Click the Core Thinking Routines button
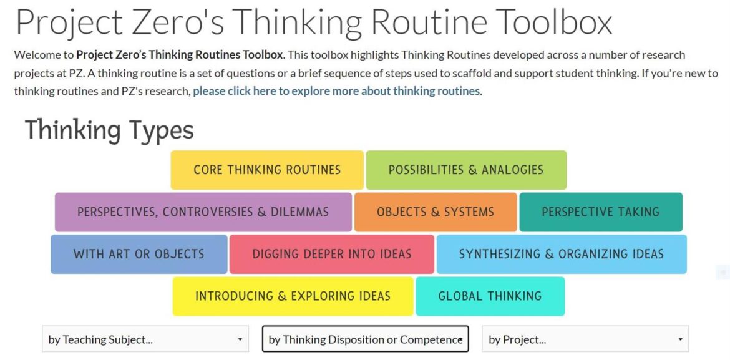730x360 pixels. click(267, 170)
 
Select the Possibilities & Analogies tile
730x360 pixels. click(466, 170)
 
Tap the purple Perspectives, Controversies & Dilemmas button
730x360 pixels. click(203, 212)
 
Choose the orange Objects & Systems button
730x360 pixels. click(435, 212)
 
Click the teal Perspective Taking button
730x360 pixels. click(600, 212)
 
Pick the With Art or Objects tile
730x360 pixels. click(139, 254)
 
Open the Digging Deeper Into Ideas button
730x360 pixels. click(331, 254)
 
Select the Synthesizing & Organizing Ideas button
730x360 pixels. click(561, 254)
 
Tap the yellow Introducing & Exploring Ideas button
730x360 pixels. click(293, 296)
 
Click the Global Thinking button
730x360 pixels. click(490, 296)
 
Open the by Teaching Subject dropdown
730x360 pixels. click(145, 339)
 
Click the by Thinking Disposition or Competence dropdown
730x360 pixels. click(365, 339)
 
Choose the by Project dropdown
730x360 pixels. click(585, 339)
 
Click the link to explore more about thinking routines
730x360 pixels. click(337, 91)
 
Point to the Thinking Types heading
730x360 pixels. click(109, 130)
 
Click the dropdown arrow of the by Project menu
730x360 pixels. click(681, 339)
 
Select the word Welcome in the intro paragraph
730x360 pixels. click(37, 55)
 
